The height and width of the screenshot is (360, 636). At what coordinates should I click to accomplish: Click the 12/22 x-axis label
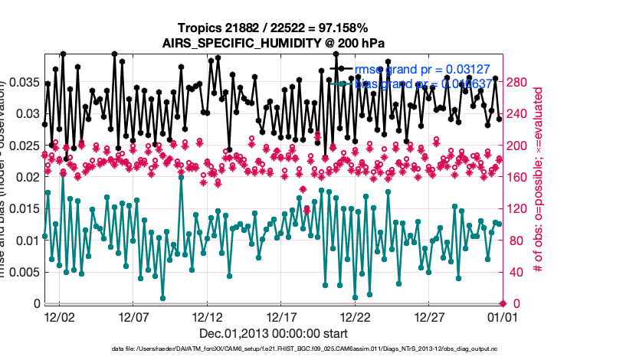click(x=355, y=316)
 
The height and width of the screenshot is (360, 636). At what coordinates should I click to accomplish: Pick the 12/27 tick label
click(x=429, y=316)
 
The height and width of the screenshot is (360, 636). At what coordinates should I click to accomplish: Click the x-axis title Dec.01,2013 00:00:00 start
click(x=274, y=333)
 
